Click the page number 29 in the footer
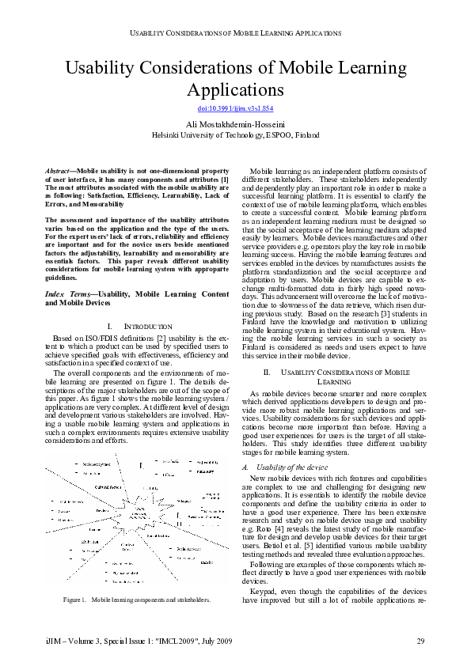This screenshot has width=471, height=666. (420, 640)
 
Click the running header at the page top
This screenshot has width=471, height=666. (235, 34)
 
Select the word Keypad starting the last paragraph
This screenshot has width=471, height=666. (264, 591)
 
